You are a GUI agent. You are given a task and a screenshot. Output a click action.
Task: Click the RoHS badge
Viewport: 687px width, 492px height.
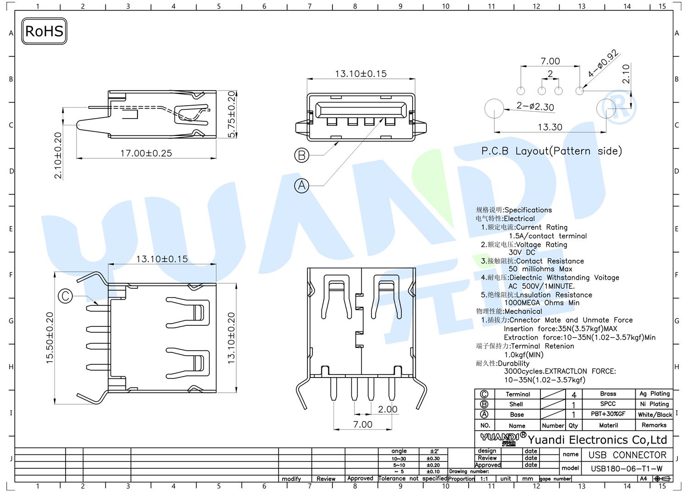[x=44, y=31]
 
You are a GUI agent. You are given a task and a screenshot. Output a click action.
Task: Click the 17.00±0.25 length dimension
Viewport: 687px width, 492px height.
[x=146, y=153]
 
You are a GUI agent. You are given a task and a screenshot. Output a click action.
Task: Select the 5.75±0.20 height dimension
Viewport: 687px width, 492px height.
[x=232, y=114]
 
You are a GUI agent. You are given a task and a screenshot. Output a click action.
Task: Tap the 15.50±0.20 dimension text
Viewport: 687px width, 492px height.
[x=49, y=338]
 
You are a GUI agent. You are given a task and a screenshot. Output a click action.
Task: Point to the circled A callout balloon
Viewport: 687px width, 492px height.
[x=301, y=185]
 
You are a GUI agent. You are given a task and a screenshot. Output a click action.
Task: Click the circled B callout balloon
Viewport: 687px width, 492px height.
[x=301, y=155]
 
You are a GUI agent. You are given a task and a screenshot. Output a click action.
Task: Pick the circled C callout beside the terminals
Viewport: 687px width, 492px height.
[x=65, y=296]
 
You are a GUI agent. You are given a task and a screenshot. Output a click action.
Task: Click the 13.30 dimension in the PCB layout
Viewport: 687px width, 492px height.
[x=550, y=127]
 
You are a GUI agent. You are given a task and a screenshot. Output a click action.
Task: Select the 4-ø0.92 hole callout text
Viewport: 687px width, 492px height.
[x=603, y=63]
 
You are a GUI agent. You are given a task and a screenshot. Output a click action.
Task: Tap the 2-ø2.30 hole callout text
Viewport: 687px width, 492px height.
[x=535, y=106]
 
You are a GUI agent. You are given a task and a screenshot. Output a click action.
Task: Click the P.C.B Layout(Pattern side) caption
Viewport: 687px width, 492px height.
[x=551, y=151]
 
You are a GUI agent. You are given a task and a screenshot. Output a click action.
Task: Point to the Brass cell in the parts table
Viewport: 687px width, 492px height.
[x=608, y=394]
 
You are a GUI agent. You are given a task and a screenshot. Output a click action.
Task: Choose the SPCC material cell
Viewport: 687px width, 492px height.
[x=608, y=404]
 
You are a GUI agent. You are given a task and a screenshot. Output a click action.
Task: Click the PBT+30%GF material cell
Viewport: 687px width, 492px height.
[x=608, y=414]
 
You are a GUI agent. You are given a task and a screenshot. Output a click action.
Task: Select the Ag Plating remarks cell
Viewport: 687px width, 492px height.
[x=654, y=394]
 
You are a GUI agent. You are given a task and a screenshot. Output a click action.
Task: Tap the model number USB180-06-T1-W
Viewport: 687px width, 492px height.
[x=627, y=468]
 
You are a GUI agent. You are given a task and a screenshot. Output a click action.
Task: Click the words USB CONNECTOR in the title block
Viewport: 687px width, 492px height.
[x=627, y=455]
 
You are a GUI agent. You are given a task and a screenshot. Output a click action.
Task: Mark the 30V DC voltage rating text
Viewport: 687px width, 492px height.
[x=522, y=252]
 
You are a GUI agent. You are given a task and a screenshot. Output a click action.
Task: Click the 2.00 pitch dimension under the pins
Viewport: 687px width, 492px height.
[x=387, y=409]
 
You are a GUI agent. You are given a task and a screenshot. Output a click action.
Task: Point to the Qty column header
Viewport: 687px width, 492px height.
[x=573, y=426]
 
